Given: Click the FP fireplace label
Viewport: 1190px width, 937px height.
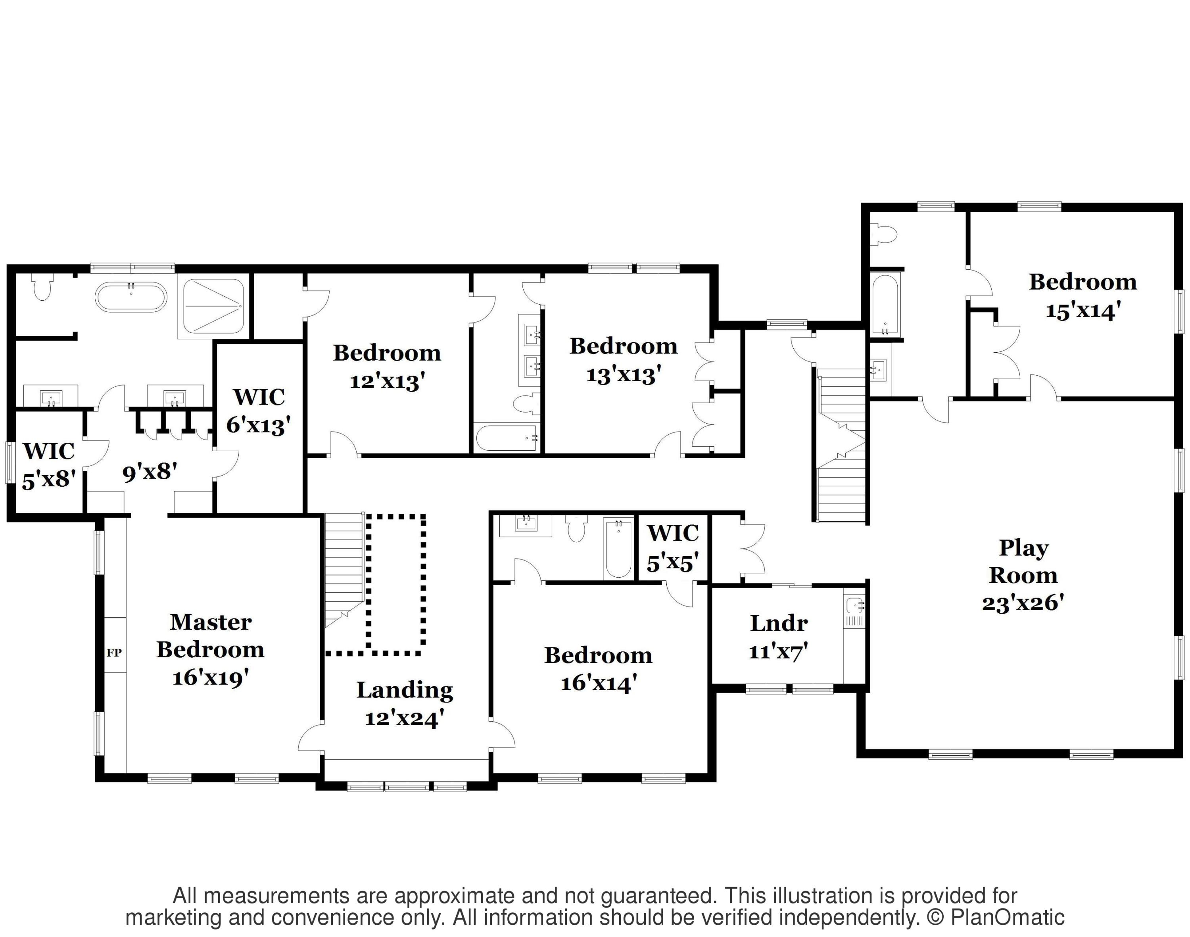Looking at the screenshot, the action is tap(113, 653).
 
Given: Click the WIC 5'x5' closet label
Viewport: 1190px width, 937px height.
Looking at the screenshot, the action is tap(673, 548).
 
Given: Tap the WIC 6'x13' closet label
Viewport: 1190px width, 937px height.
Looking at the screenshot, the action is tap(258, 411).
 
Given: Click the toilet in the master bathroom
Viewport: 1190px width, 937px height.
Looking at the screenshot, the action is tap(42, 286).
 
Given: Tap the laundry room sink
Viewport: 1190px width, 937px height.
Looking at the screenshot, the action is tap(855, 606).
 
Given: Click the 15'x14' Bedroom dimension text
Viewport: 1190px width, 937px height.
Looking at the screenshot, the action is tap(1083, 311).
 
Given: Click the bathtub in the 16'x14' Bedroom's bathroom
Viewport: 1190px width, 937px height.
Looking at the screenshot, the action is tap(618, 548).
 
